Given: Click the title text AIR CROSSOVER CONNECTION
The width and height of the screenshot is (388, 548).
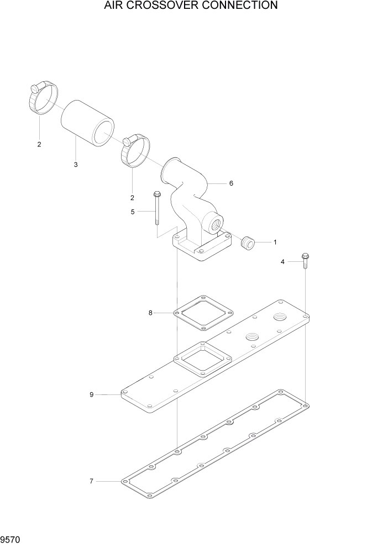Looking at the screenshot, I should click(x=190, y=6).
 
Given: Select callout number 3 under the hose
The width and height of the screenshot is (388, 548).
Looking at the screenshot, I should click(x=76, y=165).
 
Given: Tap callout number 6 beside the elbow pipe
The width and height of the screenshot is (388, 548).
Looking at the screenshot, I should click(x=231, y=183).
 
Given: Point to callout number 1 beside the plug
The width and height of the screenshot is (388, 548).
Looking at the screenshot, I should click(x=275, y=242).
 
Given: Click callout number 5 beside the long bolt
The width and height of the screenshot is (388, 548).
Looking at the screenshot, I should click(x=133, y=211).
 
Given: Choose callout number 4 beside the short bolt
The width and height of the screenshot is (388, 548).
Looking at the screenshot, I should click(x=282, y=262).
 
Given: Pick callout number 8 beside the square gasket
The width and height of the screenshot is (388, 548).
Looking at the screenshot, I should click(x=150, y=313).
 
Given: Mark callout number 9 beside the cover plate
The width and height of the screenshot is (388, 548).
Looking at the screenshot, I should click(x=92, y=394).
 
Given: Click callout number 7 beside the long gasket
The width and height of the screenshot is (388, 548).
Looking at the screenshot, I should click(x=92, y=481).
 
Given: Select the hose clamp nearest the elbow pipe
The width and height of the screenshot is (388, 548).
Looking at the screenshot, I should click(x=135, y=150).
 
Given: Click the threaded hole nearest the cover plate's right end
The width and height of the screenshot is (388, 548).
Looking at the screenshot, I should click(x=280, y=318).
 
